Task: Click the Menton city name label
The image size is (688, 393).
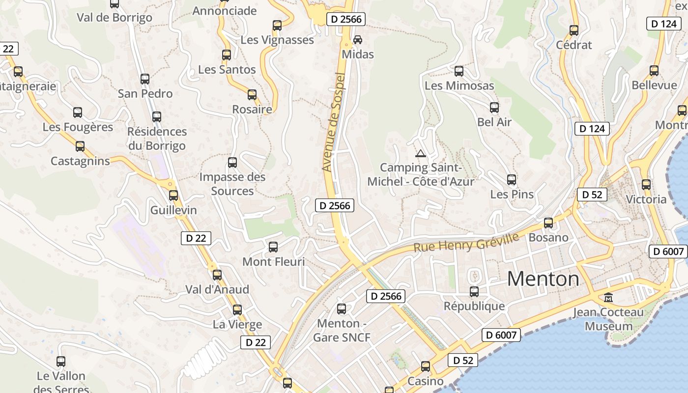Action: pos(543,279)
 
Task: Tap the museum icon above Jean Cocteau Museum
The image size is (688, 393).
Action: pos(608,297)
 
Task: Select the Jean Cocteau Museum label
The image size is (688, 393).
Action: pos(608,319)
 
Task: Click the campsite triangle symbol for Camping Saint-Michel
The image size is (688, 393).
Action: pos(420,154)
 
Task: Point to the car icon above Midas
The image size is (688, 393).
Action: pos(358,39)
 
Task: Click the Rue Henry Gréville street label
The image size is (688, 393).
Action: pos(466,242)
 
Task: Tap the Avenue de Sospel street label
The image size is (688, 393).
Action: pos(334,122)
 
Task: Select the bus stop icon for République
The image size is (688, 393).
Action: pos(474,292)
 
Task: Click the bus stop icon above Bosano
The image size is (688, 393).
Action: pos(548,223)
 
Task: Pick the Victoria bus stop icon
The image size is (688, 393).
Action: pos(646,185)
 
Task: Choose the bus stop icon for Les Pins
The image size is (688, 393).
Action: pos(512,180)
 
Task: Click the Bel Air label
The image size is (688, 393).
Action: pos(494,122)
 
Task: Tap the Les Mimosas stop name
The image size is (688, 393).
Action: pos(459,85)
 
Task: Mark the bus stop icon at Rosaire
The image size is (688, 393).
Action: pos(252,95)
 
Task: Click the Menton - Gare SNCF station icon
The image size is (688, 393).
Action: pos(342,309)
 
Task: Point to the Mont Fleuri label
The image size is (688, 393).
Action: pos(274,262)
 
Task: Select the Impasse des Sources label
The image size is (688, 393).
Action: pos(232,184)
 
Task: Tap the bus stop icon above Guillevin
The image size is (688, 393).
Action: pos(173,196)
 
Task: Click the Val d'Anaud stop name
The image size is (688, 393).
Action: pos(217,289)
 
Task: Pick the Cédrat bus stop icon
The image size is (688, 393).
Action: pos(574,30)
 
